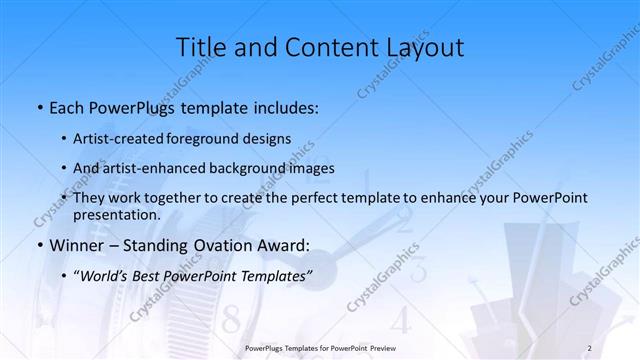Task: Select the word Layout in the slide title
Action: [x=422, y=47]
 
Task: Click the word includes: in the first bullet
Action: [x=280, y=107]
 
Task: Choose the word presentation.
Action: [x=117, y=214]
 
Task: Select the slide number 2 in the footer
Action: [x=589, y=348]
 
